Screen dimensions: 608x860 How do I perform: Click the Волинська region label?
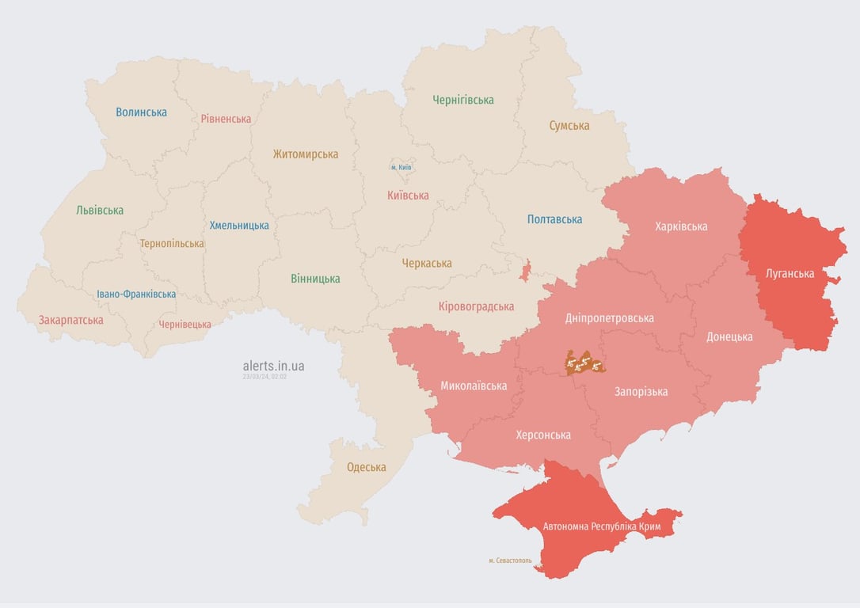click(x=141, y=112)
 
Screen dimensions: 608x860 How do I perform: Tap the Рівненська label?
click(x=226, y=119)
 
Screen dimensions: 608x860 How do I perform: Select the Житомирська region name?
click(x=306, y=154)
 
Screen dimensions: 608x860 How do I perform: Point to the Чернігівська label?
click(x=463, y=100)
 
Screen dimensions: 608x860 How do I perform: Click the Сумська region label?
click(x=569, y=125)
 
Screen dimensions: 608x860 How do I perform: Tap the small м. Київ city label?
click(x=401, y=167)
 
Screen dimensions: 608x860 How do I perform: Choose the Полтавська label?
click(x=554, y=219)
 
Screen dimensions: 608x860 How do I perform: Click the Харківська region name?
click(x=681, y=226)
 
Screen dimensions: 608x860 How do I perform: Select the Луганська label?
click(x=790, y=274)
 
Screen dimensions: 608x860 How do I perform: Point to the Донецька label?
click(x=729, y=336)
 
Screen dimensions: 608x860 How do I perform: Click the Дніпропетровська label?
click(x=610, y=318)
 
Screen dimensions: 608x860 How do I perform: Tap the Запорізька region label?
click(x=641, y=391)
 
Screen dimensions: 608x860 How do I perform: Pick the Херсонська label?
click(x=543, y=435)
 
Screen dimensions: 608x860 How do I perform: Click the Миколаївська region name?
click(x=474, y=386)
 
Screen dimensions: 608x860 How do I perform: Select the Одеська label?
click(x=367, y=467)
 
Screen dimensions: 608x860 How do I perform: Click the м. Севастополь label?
click(x=510, y=560)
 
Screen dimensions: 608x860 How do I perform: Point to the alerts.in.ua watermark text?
click(x=273, y=366)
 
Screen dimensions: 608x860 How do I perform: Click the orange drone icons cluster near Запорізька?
click(x=584, y=363)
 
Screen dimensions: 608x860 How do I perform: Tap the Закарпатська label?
click(x=71, y=320)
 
